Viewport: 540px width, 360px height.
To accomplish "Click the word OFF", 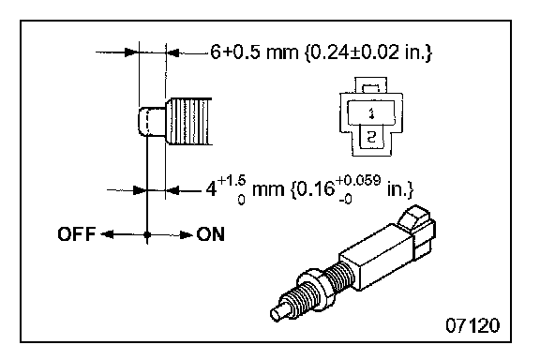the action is pos(76,234).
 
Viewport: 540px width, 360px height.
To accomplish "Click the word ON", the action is pos(210,234).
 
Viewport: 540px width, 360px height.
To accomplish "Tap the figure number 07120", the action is pos(472,325).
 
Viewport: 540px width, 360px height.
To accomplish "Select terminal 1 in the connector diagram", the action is pos(371,112).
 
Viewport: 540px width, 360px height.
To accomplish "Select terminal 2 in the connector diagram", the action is pos(371,137).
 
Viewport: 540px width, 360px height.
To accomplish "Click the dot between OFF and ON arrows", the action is pos(147,234).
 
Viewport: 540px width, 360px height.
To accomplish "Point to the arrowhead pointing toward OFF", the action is pos(107,234).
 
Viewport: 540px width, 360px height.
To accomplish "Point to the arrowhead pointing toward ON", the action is pos(187,235).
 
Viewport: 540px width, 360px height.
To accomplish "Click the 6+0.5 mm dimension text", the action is pos(254,52).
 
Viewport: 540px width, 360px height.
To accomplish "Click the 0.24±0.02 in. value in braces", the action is pos(368,52).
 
